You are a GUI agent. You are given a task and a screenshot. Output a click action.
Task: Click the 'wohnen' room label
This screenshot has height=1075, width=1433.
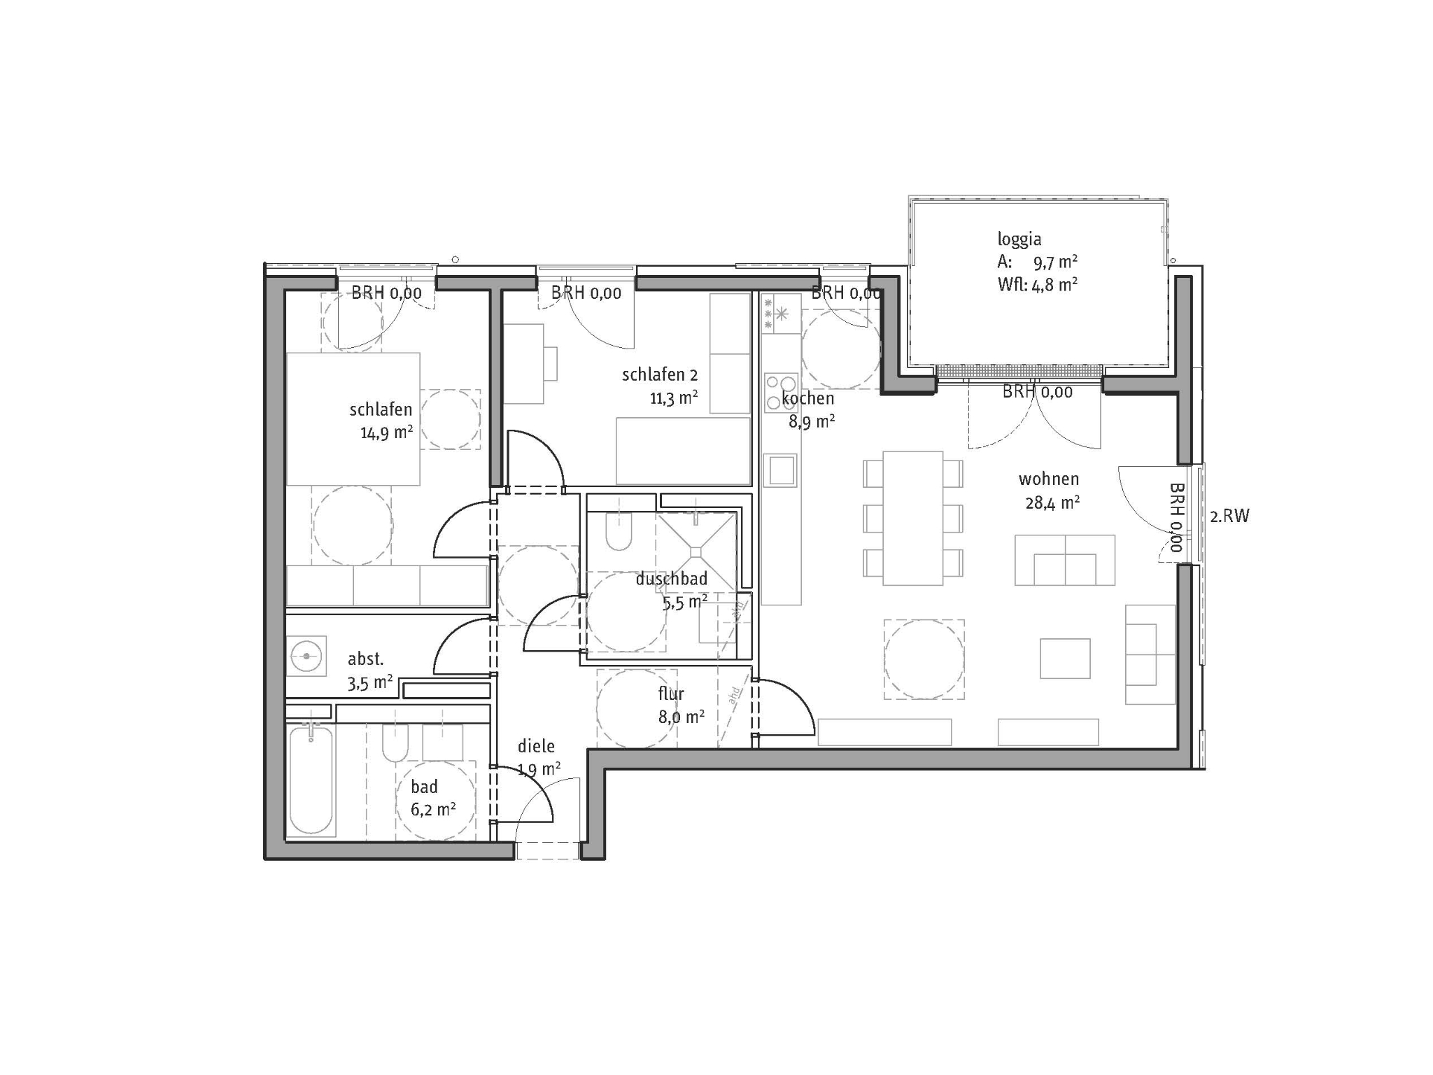coord(1048,479)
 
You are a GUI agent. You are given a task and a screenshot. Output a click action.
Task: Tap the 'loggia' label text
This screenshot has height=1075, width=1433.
coord(1019,239)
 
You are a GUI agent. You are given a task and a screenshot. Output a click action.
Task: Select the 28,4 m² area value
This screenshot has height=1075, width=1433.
coord(1052,503)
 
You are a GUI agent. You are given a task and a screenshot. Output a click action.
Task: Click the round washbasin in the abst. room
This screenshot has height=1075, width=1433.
coord(306,656)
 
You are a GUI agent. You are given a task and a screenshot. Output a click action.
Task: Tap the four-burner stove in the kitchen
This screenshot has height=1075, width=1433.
coord(781,393)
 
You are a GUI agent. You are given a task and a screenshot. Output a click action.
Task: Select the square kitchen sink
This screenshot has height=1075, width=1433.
coord(780,470)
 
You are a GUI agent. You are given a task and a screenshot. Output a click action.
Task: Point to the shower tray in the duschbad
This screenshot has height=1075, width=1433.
coord(696,552)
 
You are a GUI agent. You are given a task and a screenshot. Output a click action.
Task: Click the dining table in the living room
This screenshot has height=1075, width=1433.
coord(912,518)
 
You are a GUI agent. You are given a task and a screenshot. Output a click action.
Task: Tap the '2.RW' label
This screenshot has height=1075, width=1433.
coord(1229,517)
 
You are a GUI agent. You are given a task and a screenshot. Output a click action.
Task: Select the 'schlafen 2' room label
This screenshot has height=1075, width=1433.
coord(659,375)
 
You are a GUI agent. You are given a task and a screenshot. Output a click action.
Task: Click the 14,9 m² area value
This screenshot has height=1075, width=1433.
coord(386,432)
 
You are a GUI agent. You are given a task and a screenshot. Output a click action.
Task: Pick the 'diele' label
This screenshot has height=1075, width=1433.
coord(536,746)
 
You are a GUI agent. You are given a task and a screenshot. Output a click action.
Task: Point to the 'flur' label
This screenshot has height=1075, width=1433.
coord(671,694)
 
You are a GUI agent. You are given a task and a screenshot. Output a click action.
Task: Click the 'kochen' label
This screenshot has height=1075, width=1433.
coord(808,398)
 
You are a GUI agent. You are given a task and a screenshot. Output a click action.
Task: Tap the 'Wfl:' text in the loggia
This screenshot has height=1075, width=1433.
coord(1012,284)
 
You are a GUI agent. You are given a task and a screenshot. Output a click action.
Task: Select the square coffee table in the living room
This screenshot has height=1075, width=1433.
coord(1065,659)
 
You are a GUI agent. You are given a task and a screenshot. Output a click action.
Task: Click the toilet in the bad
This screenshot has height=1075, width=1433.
coord(395,743)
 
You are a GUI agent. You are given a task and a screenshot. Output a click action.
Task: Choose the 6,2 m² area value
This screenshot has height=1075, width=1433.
coord(433,810)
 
